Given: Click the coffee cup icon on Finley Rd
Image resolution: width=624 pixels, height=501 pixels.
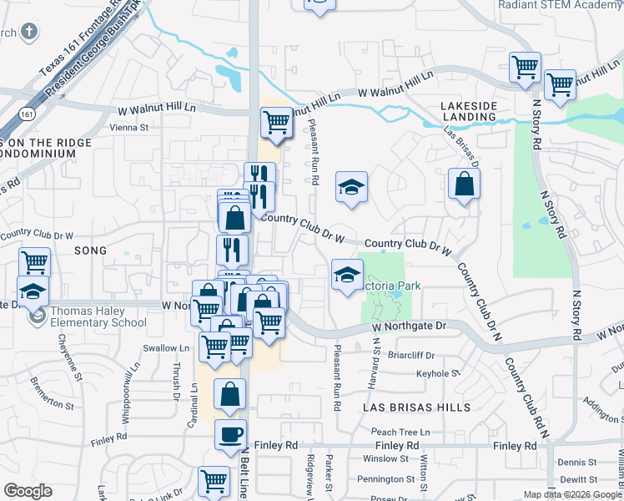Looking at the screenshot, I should tap(231, 434).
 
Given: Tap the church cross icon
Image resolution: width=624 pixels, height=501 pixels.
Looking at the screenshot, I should tap(29, 33).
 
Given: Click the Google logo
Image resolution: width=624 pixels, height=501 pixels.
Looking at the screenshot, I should tap(28, 491).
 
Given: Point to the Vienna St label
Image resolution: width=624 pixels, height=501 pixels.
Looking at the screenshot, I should tap(128, 128).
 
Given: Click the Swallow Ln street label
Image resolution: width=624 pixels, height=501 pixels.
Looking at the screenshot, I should tap(167, 348).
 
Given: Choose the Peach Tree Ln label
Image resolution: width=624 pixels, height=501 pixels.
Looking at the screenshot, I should tap(400, 432).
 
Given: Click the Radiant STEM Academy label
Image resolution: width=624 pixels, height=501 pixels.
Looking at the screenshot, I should tap(560, 5).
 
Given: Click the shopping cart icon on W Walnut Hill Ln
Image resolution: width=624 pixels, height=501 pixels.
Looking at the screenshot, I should tap(276, 122).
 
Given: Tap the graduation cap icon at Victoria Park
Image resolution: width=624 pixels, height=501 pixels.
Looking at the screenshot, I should tap(347, 275).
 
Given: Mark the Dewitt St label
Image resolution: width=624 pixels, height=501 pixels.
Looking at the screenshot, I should tap(572, 479).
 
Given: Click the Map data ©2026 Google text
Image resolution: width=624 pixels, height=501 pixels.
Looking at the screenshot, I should tap(571, 493).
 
